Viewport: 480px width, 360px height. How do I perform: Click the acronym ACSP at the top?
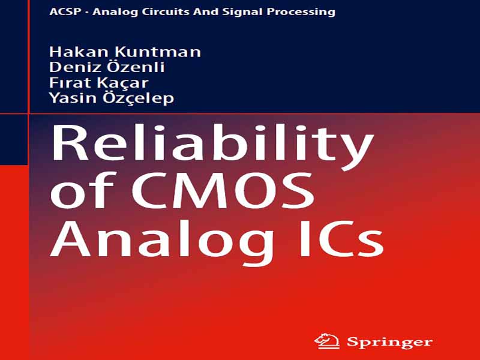[x=65, y=11]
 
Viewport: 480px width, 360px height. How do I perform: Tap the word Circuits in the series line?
[x=161, y=11]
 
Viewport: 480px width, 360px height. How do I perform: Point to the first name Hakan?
[x=73, y=52]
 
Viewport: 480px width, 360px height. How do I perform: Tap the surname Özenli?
[x=133, y=66]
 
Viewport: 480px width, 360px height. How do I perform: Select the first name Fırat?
[x=67, y=82]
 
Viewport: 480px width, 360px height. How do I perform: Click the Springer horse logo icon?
[x=327, y=341]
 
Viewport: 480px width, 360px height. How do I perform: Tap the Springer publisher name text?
[x=389, y=343]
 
